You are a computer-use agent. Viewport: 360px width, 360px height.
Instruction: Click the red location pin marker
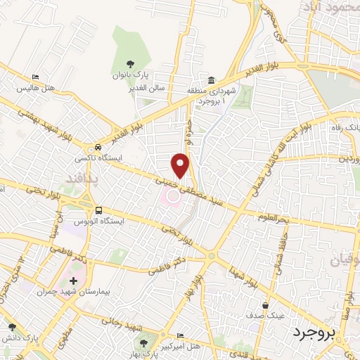click(x=181, y=165)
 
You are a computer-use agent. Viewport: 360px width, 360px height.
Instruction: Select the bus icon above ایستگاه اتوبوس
click(x=98, y=210)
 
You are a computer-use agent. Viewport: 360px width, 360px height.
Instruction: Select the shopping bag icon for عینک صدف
click(x=265, y=306)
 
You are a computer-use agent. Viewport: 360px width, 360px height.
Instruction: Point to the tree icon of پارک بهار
click(x=143, y=342)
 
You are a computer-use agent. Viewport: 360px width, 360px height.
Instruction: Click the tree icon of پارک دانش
click(x=11, y=326)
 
